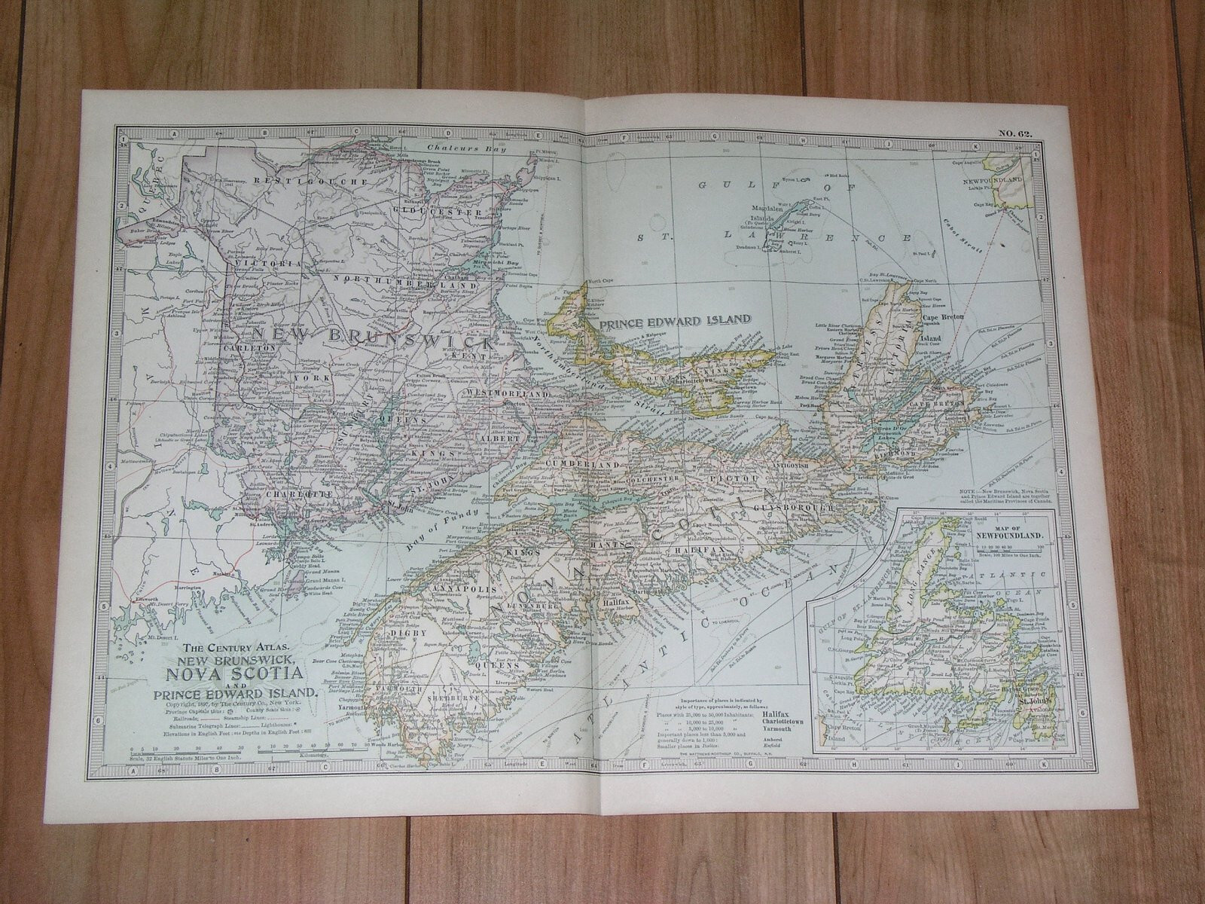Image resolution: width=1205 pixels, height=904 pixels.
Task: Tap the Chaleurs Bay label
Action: click(x=452, y=148)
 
